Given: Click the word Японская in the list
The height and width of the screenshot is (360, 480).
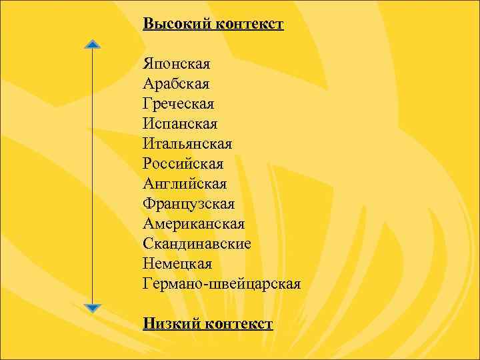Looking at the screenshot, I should (176, 65).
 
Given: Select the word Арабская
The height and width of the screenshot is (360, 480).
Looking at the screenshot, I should (175, 85).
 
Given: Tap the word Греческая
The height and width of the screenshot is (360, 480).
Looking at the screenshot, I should (178, 105).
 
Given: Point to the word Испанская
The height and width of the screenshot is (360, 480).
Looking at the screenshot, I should (180, 124).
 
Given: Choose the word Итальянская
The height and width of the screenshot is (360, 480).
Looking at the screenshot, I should (187, 144).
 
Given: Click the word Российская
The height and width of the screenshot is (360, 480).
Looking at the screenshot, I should (183, 164).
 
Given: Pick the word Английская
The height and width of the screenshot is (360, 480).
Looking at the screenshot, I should (184, 184).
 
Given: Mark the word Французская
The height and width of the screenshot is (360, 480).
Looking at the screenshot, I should (188, 204).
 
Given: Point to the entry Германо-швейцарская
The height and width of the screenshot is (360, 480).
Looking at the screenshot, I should (221, 284).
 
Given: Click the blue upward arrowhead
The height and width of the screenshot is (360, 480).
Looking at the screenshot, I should (93, 45).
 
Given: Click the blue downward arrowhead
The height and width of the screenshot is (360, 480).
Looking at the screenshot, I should (93, 308).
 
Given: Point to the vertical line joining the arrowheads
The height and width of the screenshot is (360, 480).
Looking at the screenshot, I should (93, 177).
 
